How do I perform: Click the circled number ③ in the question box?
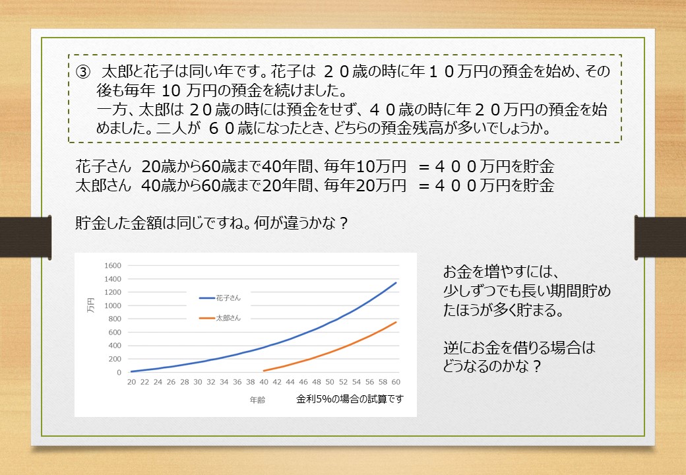coord(83,71)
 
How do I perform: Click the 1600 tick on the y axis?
coord(112,265)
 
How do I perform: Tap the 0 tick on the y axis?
coord(119,372)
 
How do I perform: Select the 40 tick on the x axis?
coord(264,382)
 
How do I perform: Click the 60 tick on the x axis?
coord(396,382)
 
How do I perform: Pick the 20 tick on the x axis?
coord(132,382)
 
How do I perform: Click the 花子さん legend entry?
coord(220,298)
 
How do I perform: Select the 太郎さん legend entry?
coord(220,318)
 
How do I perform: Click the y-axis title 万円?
coord(90,305)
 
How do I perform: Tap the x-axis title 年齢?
coord(257,400)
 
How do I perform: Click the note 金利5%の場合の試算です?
coord(350,399)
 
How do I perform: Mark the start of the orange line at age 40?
coord(264,371)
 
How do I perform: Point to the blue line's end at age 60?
coord(396,283)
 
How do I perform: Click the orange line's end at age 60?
coord(396,323)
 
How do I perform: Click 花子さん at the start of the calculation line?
coord(104,166)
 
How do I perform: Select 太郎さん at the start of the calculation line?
coord(104,185)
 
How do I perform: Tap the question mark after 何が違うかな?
coord(344,224)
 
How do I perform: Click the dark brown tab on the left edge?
coord(26,237)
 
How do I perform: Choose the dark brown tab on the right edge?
coord(660,237)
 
